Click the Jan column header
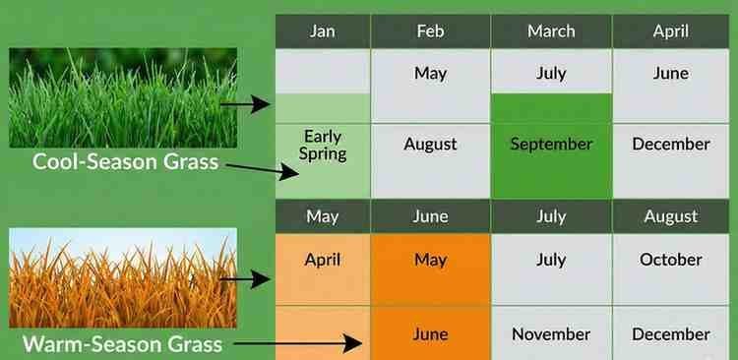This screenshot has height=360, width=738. click(x=322, y=30)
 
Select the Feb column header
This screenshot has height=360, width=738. click(x=430, y=30)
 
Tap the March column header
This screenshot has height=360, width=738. click(x=551, y=30)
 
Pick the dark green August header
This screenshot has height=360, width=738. click(x=671, y=215)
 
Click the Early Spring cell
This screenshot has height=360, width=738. click(x=323, y=145)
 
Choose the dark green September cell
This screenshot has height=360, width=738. click(x=551, y=145)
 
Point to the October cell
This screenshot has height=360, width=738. click(x=671, y=261)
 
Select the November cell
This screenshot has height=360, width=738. click(x=551, y=334)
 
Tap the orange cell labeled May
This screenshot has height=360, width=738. click(x=430, y=261)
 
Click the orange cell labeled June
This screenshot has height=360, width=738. click(x=430, y=334)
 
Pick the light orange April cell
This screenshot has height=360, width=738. click(x=323, y=261)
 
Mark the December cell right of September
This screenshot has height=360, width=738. click(x=671, y=145)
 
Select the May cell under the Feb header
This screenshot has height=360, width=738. click(x=430, y=73)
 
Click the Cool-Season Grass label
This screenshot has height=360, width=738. click(x=125, y=161)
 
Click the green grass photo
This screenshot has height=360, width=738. click(x=123, y=96)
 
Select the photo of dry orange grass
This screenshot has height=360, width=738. click(x=123, y=277)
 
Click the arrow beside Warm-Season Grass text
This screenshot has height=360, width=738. click(x=300, y=344)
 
